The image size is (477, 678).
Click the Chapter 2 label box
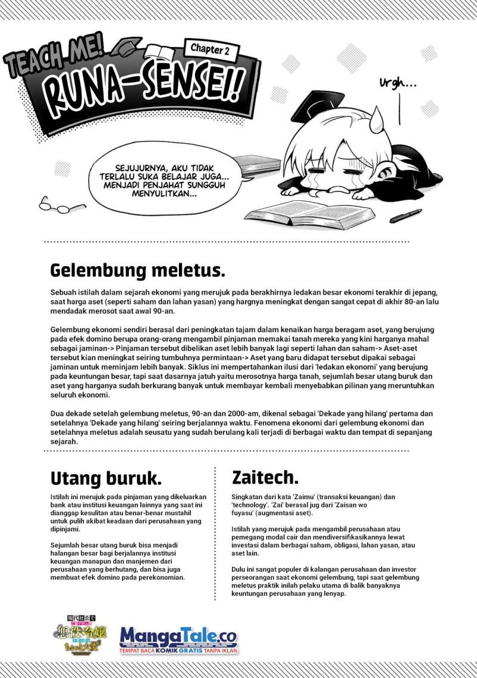click(210, 50)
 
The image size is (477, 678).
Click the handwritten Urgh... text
click(398, 84)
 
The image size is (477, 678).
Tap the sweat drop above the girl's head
click(376, 122)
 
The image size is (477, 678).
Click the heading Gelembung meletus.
click(138, 270)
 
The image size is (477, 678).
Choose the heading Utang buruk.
click(105, 478)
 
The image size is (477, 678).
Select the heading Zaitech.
click(265, 476)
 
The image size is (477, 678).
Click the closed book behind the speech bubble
click(257, 164)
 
